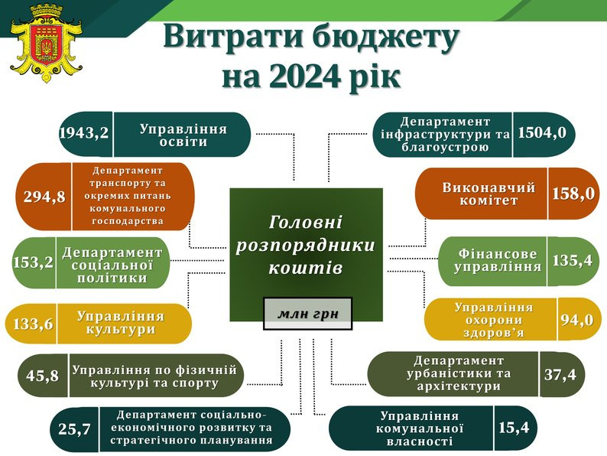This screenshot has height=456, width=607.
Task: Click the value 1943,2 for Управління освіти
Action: (84, 133)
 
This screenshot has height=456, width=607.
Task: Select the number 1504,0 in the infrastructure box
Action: (542, 133)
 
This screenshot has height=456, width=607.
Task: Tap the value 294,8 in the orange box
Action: (44, 197)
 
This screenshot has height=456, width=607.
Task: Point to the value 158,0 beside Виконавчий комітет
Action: (573, 194)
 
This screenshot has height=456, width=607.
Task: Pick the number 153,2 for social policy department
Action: (34, 262)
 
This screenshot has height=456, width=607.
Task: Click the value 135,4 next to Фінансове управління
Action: (573, 260)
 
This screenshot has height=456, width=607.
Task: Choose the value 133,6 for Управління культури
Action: (34, 324)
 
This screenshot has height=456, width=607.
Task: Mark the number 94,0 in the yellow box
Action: (577, 320)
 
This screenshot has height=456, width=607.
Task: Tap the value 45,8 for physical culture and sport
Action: (43, 375)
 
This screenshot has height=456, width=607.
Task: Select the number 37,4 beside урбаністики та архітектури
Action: (560, 374)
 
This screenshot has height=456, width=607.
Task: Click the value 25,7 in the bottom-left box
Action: (74, 429)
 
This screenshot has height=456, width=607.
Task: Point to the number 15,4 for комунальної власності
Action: (514, 428)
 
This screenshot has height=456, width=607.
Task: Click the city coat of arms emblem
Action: (46, 43)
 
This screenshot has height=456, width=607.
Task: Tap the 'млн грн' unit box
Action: (308, 314)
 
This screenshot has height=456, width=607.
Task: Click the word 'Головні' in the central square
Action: (306, 223)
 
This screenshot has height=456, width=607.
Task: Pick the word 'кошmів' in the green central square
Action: (306, 268)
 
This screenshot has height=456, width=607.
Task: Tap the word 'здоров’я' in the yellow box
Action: (493, 332)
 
